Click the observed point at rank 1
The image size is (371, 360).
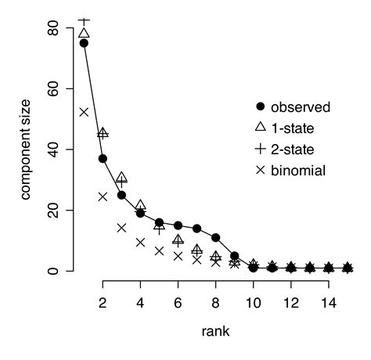click(x=84, y=43)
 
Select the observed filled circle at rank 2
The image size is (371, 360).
click(x=103, y=159)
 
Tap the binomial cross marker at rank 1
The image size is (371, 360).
click(x=84, y=113)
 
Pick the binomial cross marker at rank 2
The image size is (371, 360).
click(x=103, y=196)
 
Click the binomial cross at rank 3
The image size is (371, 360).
click(x=121, y=228)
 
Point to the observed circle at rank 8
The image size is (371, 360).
click(x=215, y=238)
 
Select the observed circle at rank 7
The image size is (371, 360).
click(x=196, y=229)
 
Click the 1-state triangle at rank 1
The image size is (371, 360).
click(x=84, y=34)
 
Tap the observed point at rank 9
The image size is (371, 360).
click(x=234, y=256)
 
